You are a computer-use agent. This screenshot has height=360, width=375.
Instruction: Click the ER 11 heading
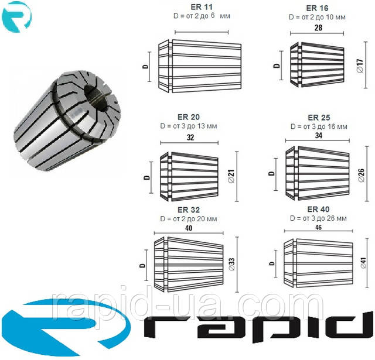202,7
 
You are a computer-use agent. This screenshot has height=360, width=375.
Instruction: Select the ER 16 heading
317,8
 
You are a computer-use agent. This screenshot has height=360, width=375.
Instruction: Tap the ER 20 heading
189,117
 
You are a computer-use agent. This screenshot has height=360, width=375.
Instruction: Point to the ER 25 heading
319,118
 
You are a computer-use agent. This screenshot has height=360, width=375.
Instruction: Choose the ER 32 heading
189,210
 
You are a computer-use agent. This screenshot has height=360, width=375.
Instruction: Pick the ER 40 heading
318,209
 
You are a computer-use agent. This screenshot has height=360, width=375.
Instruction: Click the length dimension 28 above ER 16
318,28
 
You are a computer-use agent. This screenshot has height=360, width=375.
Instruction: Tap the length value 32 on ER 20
190,138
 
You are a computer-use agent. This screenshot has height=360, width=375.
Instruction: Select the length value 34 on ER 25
319,135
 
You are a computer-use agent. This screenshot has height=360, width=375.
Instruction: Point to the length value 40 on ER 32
189,228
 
